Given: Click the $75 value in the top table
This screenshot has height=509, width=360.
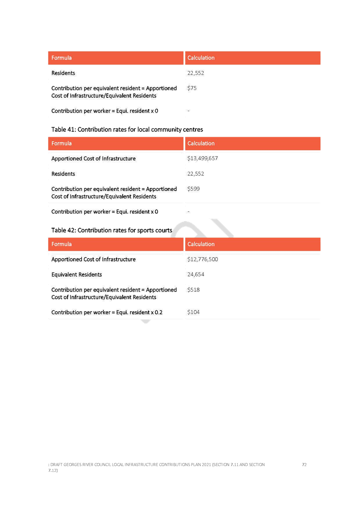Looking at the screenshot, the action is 192,88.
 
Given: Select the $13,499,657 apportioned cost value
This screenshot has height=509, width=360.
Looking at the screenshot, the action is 202,158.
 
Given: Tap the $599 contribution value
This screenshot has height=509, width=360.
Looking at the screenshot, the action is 193,189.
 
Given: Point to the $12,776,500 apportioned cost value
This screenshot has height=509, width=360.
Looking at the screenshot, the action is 202,260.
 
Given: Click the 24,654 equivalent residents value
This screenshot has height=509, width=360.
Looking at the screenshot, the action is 195,274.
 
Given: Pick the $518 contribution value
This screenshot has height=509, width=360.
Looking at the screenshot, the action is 193,290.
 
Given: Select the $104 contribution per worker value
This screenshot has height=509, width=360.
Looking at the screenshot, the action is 193,312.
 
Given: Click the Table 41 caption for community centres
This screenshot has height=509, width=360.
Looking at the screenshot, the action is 127,130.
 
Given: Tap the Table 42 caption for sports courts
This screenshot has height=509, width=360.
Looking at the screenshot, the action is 112,230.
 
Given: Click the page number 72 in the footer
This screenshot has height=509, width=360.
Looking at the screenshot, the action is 304,465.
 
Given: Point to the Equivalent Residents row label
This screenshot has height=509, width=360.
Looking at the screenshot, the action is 77,275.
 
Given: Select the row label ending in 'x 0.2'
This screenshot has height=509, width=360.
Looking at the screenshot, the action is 107,312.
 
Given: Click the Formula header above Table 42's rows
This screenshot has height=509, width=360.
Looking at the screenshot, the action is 62,244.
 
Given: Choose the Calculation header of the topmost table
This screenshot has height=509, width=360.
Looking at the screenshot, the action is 201,58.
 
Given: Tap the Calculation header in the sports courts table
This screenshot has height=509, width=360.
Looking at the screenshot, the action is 201,244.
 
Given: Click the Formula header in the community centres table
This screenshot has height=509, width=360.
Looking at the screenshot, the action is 62,143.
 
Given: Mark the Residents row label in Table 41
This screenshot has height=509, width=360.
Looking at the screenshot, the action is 63,174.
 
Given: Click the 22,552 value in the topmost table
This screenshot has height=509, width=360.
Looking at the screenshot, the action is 195,73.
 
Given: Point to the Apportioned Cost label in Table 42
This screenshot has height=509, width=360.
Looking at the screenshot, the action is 93,260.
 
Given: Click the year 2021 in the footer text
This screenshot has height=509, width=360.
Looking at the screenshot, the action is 206,465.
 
